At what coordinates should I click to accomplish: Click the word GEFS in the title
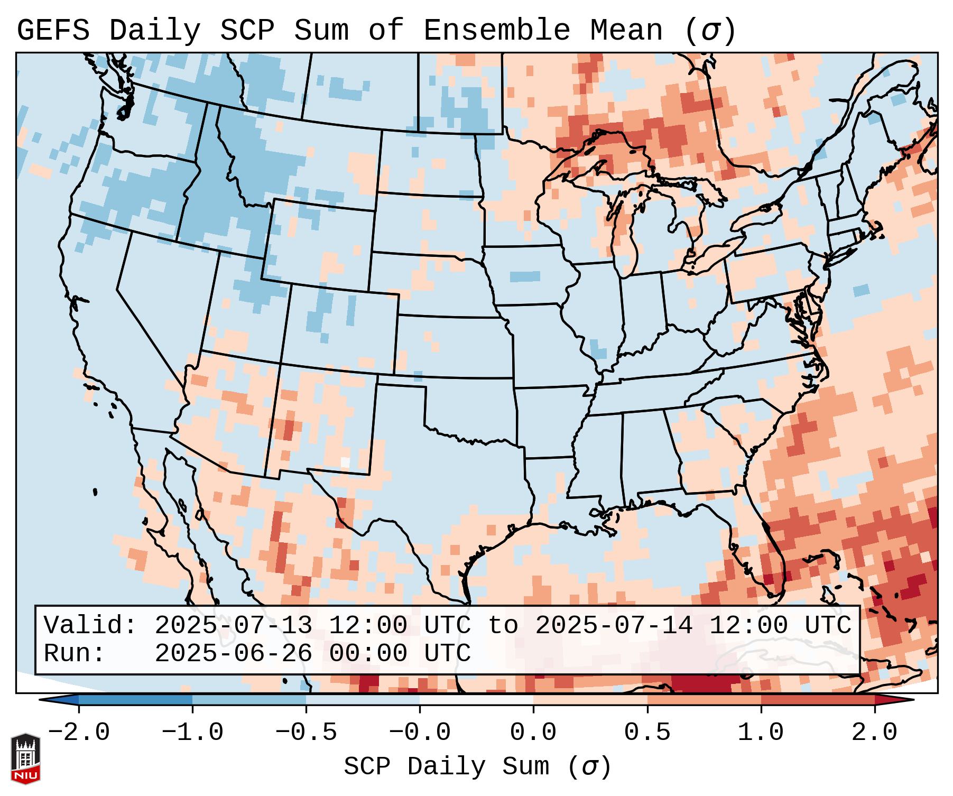pyautogui.click(x=53, y=31)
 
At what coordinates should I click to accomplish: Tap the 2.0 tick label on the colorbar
pyautogui.click(x=874, y=733)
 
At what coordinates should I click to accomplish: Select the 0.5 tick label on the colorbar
pyautogui.click(x=647, y=733)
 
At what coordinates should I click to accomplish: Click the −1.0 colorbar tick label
pyautogui.click(x=192, y=733)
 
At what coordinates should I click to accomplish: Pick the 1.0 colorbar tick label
pyautogui.click(x=761, y=733)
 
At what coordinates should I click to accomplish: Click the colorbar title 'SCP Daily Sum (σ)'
pyautogui.click(x=477, y=767)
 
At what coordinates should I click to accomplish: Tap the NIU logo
pyautogui.click(x=25, y=758)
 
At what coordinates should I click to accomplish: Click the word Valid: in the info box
pyautogui.click(x=90, y=625)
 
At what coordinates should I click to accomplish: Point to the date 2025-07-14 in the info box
pyautogui.click(x=614, y=625)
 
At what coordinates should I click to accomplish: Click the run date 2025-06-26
pyautogui.click(x=233, y=653)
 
